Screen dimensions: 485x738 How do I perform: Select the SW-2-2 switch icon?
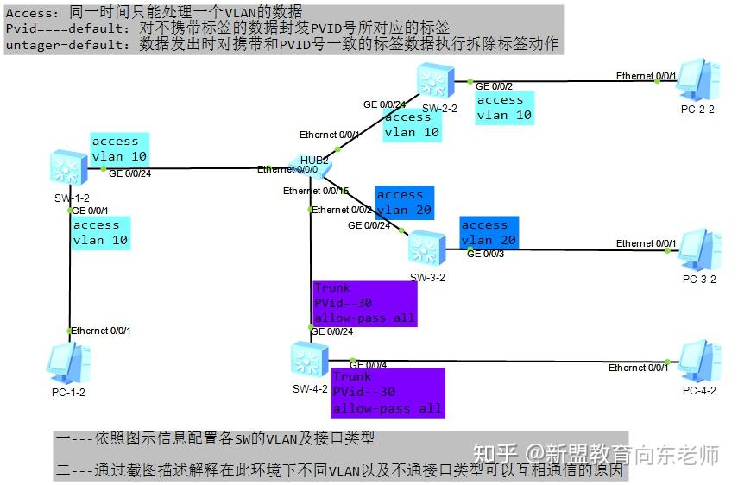pos(431,79)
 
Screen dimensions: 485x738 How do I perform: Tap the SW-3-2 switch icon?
pos(427,248)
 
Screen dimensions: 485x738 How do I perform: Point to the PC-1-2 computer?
pos(68,362)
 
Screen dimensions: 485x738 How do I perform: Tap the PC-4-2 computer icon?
pos(699,362)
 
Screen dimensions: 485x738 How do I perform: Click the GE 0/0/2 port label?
pos(495,86)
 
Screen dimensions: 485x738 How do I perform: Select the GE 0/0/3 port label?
pos(486,254)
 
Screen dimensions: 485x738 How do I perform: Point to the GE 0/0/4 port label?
pos(368,365)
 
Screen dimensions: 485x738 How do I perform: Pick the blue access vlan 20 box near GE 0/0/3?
pos(489,231)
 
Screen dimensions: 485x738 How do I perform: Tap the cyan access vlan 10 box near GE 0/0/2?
pos(505,107)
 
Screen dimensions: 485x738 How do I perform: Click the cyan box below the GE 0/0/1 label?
pos(101,232)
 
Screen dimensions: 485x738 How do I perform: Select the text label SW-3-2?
pos(427,277)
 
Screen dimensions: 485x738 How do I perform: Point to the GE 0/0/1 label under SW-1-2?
pos(90,210)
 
